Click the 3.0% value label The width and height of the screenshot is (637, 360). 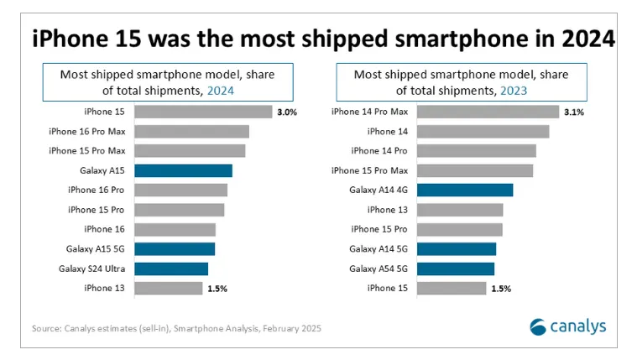click(286, 112)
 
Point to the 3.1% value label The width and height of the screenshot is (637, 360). click(573, 112)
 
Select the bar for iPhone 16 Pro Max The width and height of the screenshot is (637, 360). click(191, 131)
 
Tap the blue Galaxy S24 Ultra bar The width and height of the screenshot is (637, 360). click(170, 269)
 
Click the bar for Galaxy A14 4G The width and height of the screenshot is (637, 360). click(464, 190)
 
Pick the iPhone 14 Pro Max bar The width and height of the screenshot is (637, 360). click(487, 112)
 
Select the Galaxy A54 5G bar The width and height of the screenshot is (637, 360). click(455, 269)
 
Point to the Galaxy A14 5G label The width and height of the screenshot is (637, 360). click(379, 248)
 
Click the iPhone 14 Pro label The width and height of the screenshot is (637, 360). click(379, 151)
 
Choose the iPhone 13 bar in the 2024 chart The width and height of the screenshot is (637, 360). click(168, 288)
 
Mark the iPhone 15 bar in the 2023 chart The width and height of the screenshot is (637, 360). click(452, 288)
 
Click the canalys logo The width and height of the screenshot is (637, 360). click(567, 326)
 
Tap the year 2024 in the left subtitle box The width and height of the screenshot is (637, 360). click(221, 90)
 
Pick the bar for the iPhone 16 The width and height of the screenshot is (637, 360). click(175, 229)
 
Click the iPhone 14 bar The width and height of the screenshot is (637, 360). click(483, 131)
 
